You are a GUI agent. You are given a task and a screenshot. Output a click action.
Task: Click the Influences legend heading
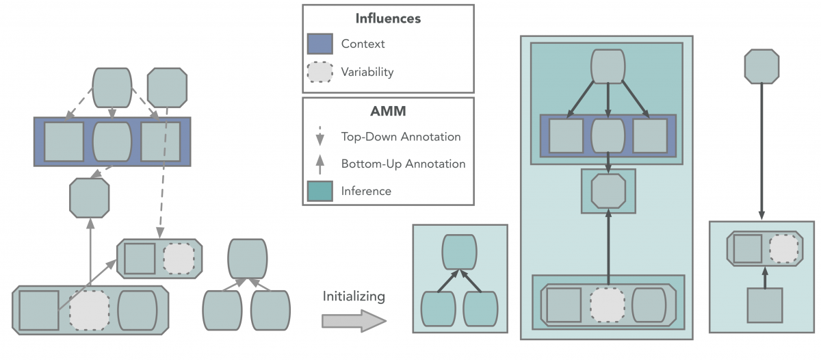point(388,18)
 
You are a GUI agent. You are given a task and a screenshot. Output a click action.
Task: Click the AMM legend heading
point(388,111)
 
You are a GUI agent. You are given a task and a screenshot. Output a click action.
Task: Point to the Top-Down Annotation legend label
point(401,137)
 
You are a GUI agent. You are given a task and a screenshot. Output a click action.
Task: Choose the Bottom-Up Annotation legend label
point(403,164)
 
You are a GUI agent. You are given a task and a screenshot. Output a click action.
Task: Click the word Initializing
point(354,296)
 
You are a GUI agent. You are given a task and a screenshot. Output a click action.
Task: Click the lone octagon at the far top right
point(761,66)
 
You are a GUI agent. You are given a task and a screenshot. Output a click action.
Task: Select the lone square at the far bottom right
point(764,305)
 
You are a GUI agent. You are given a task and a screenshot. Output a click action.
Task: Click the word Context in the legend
point(363,44)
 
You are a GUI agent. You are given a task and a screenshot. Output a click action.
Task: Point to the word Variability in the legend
point(367,71)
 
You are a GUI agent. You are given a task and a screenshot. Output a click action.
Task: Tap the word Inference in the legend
point(366,191)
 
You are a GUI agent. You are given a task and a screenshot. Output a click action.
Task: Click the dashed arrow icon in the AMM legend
point(320,137)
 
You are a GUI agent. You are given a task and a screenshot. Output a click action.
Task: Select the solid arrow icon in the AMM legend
point(320,164)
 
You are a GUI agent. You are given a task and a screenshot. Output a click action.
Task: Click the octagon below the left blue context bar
point(89,197)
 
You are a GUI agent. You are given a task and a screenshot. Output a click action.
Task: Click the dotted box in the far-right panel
point(783,249)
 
